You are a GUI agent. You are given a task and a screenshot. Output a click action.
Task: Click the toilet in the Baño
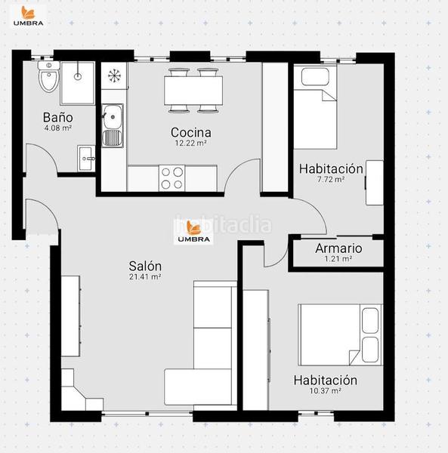tap(49, 76)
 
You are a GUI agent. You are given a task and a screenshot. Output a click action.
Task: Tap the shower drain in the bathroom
tap(78, 76)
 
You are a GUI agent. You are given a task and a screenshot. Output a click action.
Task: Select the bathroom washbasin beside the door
tap(86, 159)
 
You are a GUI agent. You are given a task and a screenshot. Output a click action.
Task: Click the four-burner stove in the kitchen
tap(171, 178)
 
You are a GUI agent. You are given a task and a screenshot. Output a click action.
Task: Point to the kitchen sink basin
tap(113, 117)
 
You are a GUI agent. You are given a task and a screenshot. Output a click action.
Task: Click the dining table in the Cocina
tap(193, 91)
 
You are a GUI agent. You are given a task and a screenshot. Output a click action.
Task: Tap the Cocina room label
tap(191, 133)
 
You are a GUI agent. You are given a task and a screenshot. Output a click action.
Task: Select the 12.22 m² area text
tap(191, 143)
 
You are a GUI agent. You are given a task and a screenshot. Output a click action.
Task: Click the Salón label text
tap(145, 266)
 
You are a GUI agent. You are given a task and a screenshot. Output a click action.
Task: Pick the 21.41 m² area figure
tap(145, 277)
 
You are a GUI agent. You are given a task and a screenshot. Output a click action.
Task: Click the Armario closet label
tap(338, 248)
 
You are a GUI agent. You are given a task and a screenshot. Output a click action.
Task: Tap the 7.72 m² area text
tap(331, 180)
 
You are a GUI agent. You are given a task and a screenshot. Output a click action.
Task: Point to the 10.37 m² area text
tap(326, 391)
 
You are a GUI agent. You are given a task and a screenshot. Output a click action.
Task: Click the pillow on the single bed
tap(315, 76)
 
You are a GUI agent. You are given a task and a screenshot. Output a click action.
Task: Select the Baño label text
tap(58, 118)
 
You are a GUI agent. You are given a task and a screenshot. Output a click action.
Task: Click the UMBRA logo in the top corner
tap(28, 16)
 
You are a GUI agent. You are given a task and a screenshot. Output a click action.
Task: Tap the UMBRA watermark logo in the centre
tap(193, 232)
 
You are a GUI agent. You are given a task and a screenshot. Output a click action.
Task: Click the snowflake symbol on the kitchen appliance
tap(115, 75)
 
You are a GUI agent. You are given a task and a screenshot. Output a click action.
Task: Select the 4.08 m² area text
tap(58, 128)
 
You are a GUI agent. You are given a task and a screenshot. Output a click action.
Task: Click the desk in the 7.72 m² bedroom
tap(375, 183)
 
